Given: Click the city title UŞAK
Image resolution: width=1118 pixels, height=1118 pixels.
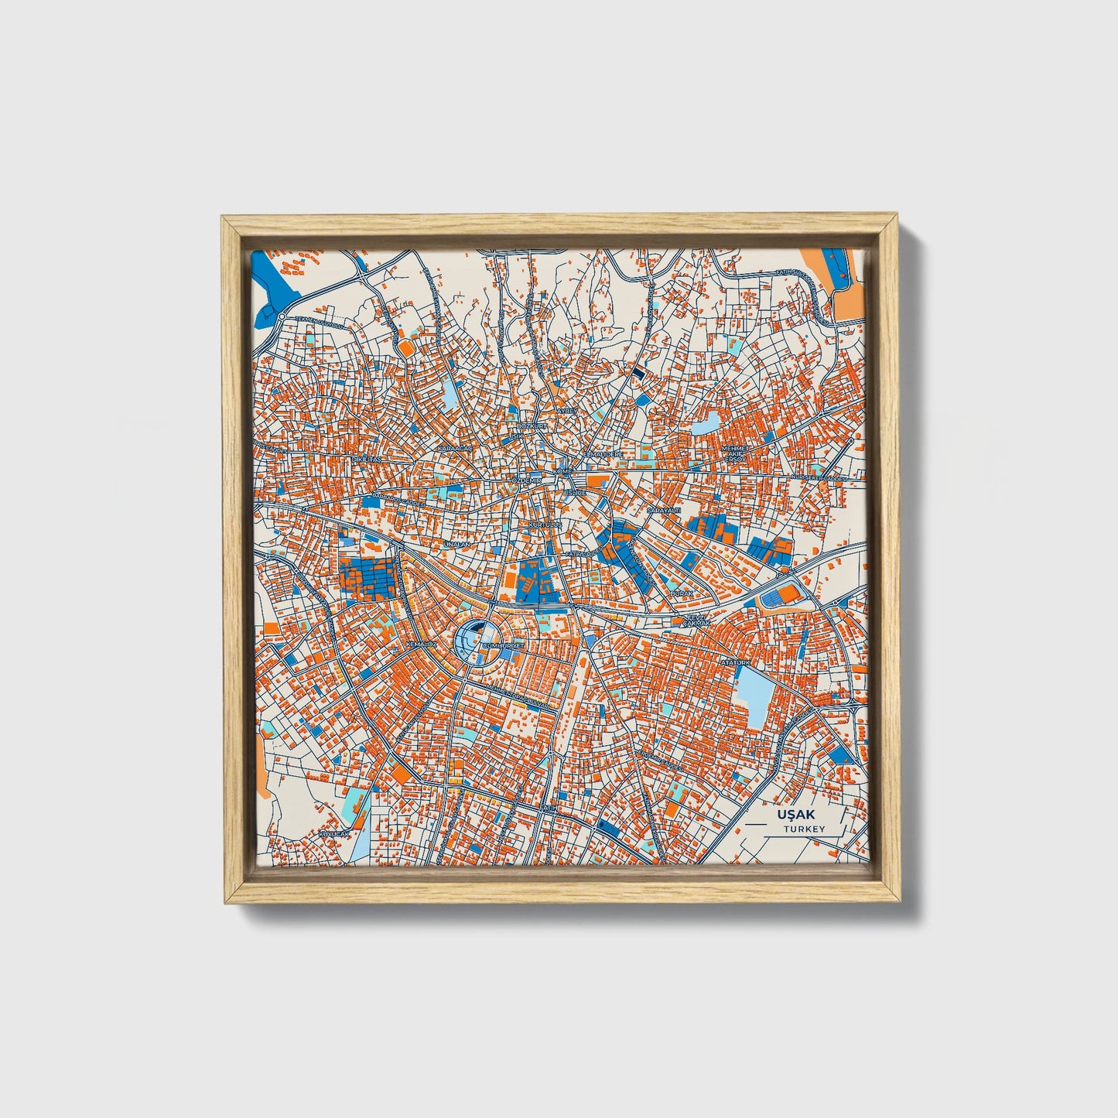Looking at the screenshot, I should [x=797, y=815].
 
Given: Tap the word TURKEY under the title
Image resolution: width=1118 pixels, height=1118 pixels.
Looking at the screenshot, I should [x=804, y=829].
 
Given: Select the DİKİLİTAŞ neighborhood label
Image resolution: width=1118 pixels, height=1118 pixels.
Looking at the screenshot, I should [x=367, y=459].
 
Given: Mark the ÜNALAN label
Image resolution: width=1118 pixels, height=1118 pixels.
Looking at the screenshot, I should [x=456, y=545].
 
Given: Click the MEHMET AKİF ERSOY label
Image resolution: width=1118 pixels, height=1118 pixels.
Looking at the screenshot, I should [x=735, y=453].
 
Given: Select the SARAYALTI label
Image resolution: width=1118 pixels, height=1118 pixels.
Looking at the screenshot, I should [x=663, y=511].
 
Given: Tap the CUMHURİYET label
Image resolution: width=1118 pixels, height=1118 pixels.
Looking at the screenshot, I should [x=503, y=644].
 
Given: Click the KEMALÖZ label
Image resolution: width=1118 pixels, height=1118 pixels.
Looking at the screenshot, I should [x=422, y=644].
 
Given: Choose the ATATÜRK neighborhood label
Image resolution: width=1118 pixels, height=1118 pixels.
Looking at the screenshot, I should [x=736, y=662].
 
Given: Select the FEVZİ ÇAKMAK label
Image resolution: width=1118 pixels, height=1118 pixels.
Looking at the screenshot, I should [x=694, y=621].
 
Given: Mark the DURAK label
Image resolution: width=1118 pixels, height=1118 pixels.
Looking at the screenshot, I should [x=681, y=593].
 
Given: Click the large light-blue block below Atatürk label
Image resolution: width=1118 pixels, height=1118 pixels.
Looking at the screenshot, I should [x=751, y=696].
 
